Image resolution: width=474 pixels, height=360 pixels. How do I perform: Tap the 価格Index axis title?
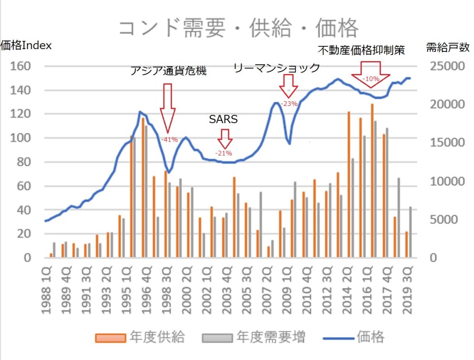coord(26,46)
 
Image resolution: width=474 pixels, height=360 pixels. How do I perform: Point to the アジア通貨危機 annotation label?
coord(168,71)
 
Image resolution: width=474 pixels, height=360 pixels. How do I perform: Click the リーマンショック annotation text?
coord(277,68)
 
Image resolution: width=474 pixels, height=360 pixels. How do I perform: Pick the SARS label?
coord(224,119)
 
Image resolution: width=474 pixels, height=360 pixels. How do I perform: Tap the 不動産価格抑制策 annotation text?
coord(362,50)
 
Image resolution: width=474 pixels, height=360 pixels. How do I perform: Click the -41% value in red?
coord(169,139)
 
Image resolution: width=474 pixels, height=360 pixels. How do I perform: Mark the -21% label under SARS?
coord(224,153)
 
